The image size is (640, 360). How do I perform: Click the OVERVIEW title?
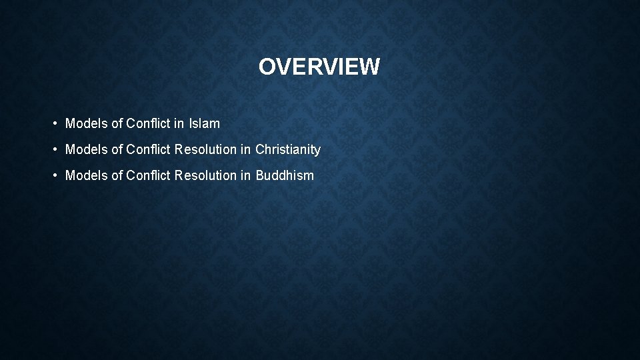(x=319, y=67)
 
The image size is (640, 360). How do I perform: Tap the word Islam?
(x=205, y=123)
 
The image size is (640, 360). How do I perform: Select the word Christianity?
(x=288, y=149)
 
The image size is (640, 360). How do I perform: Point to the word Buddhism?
(x=285, y=176)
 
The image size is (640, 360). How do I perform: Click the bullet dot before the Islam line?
(x=53, y=124)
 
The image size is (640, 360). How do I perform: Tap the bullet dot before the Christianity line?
(x=53, y=150)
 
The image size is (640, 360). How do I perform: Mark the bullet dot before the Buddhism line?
(x=53, y=177)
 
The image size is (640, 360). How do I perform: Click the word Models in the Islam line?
(x=86, y=123)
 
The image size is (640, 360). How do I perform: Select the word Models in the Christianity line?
(x=86, y=149)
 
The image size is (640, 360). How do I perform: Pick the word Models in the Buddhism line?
(x=86, y=176)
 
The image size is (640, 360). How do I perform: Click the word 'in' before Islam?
(x=180, y=123)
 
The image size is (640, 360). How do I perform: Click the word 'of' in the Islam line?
(x=117, y=123)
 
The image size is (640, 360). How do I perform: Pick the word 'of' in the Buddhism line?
(x=117, y=176)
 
